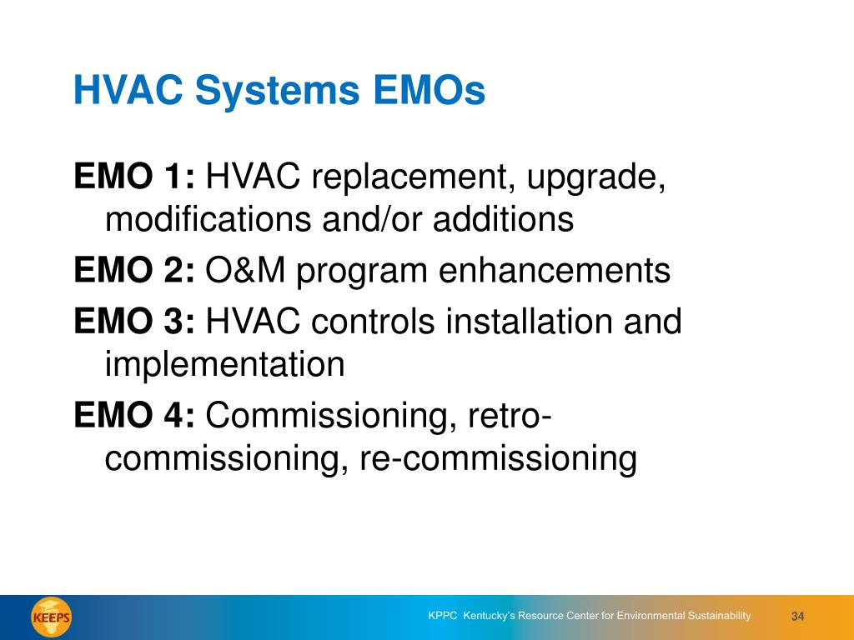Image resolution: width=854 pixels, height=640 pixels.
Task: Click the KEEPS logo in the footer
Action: [x=51, y=617]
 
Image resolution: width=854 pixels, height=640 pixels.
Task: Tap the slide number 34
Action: [x=797, y=616]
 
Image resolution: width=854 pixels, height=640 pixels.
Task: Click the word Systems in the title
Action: [x=277, y=91]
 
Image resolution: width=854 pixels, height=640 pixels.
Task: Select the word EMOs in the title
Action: [x=430, y=90]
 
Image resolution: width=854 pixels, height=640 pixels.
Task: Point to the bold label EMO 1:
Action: [x=134, y=176]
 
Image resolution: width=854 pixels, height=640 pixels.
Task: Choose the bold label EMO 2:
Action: [x=134, y=270]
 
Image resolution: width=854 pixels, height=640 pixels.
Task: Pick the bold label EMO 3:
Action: [x=134, y=321]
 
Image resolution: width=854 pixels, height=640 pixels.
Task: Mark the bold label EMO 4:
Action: [x=134, y=415]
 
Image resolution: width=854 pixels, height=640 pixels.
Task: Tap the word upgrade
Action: [x=595, y=178]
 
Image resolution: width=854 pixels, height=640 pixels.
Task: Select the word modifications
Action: [x=208, y=219]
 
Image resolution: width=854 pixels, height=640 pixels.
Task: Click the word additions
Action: [x=503, y=219]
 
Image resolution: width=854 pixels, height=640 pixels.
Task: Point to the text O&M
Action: [x=245, y=270]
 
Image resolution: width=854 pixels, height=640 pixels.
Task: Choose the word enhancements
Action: [x=555, y=271]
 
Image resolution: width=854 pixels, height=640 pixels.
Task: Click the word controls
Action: [x=373, y=321]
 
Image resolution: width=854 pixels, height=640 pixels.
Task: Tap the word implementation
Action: [x=225, y=365]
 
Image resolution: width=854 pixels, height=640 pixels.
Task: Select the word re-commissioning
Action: [x=498, y=459]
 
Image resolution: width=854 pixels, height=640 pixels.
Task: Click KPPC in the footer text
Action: [x=443, y=616]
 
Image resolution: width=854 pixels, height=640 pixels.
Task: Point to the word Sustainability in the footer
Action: [x=719, y=616]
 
